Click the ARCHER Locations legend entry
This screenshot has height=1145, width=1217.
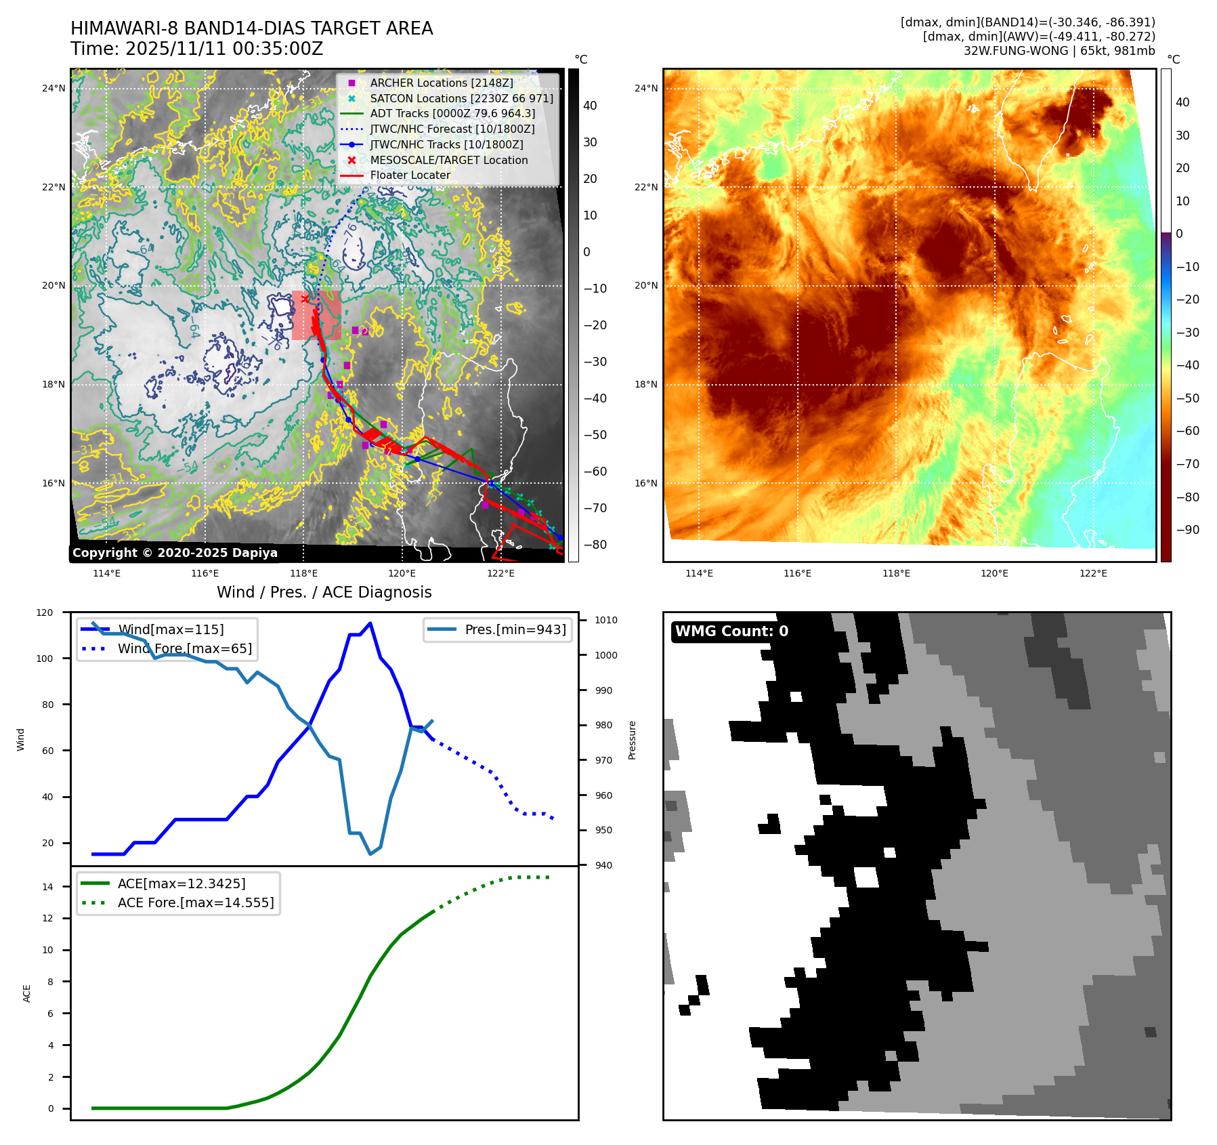coord(441,83)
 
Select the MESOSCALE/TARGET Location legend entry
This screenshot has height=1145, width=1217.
coord(448,160)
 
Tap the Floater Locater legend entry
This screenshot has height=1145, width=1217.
coord(410,175)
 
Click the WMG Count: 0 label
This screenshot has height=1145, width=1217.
coord(731,631)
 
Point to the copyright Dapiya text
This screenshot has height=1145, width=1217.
coord(175,553)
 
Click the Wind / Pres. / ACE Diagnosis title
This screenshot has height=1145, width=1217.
coord(324,592)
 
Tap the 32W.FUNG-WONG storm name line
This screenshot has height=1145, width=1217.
coord(1059,51)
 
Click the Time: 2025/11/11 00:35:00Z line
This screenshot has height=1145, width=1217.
coord(196,49)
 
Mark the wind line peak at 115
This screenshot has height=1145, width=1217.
coord(370,623)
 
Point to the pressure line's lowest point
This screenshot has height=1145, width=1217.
coord(370,854)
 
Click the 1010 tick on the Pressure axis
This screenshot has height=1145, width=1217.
coord(606,620)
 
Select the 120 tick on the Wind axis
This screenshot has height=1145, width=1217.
coord(45,612)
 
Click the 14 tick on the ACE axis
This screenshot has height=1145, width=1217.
coord(47,887)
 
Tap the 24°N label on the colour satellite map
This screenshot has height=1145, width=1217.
coord(646,88)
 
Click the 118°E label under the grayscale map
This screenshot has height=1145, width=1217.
coord(303,573)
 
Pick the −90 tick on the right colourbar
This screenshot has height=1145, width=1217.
coord(1187,530)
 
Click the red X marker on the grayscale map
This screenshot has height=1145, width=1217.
coord(305,299)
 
